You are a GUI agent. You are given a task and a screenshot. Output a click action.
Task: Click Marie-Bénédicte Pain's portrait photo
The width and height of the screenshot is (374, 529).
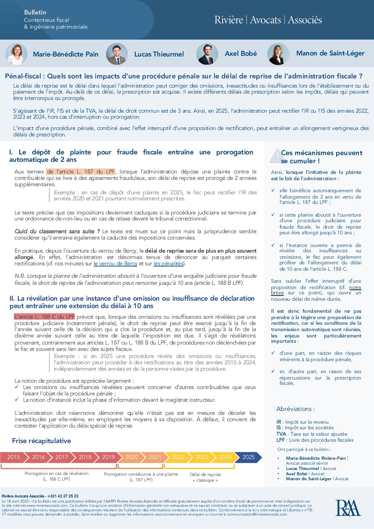pyautogui.click(x=16, y=54)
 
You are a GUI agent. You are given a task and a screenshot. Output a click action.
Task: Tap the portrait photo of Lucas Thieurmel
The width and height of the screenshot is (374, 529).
pyautogui.click(x=117, y=54)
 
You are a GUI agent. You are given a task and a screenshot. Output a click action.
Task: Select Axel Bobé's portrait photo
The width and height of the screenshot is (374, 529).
pyautogui.click(x=207, y=54)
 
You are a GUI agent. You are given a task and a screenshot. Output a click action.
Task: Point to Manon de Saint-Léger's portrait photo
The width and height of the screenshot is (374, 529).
pyautogui.click(x=278, y=54)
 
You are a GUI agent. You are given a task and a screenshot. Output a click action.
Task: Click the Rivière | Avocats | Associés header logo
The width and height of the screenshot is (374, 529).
pyautogui.click(x=268, y=20)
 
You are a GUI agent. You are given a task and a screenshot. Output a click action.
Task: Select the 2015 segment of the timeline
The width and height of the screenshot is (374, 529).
pyautogui.click(x=13, y=457)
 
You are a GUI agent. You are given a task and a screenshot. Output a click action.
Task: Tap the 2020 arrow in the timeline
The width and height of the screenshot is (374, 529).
pyautogui.click(x=132, y=457)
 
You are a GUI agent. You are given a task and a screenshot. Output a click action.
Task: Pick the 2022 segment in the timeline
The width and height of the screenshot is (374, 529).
pyautogui.click(x=178, y=457)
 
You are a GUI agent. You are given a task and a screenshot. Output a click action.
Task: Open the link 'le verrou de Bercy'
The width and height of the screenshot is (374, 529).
pyautogui.click(x=115, y=264)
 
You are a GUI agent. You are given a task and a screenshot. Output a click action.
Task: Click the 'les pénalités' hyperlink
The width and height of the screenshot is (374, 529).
pyautogui.click(x=169, y=264)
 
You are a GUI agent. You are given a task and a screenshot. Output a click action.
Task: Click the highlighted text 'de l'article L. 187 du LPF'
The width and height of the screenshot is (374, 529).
pyautogui.click(x=81, y=172)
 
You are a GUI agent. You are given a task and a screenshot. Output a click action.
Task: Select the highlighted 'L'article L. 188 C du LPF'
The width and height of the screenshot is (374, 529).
pyautogui.click(x=45, y=317)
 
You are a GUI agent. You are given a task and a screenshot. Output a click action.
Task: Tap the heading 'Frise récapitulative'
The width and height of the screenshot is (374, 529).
pyautogui.click(x=41, y=441)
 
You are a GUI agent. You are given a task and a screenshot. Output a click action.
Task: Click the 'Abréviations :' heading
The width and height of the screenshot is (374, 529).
pyautogui.click(x=295, y=409)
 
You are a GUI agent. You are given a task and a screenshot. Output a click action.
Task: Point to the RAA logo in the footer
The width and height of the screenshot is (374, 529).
pyautogui.click(x=348, y=508)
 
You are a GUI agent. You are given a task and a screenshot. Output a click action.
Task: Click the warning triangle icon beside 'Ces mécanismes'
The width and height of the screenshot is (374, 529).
pyautogui.click(x=275, y=156)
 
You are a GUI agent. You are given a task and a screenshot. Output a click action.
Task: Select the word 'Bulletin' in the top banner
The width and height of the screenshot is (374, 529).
pyautogui.click(x=35, y=12)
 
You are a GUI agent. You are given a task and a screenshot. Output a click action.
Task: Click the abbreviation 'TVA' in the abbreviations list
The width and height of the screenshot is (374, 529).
pyautogui.click(x=281, y=434)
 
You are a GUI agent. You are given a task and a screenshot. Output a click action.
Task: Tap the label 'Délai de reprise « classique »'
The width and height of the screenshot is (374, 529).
pyautogui.click(x=205, y=477)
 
